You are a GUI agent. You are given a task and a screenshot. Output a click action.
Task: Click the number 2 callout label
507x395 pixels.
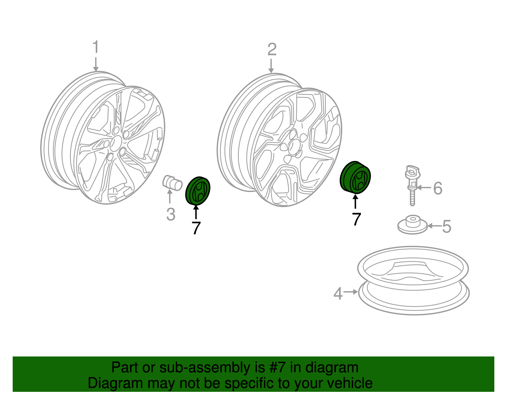pyautogui.click(x=272, y=50)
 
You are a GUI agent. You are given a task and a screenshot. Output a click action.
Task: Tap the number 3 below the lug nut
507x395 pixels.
pyautogui.click(x=171, y=214)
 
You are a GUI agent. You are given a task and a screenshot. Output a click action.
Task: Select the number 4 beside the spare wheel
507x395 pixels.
pyautogui.click(x=338, y=293)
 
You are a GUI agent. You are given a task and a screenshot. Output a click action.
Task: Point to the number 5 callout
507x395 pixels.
pyautogui.click(x=446, y=227)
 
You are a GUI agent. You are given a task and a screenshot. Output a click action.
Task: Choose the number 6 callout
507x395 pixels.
pyautogui.click(x=438, y=188)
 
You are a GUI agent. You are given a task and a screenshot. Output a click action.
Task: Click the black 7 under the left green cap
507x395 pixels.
pyautogui.click(x=196, y=228)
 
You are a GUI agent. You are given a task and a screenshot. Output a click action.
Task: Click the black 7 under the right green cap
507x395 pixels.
pyautogui.click(x=356, y=219)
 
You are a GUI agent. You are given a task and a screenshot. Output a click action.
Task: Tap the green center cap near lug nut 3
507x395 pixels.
pyautogui.click(x=198, y=191)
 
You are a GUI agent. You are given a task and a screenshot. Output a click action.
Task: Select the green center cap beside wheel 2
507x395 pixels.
pyautogui.click(x=355, y=177)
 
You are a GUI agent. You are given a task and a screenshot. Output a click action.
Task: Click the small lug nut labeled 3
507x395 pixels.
pyautogui.click(x=172, y=183)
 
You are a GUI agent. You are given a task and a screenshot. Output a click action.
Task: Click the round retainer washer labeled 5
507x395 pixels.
pyautogui.click(x=413, y=224)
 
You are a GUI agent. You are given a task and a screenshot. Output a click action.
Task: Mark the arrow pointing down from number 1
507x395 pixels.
pyautogui.click(x=95, y=64)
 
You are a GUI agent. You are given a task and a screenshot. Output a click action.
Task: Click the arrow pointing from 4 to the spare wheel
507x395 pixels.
pyautogui.click(x=351, y=292)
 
